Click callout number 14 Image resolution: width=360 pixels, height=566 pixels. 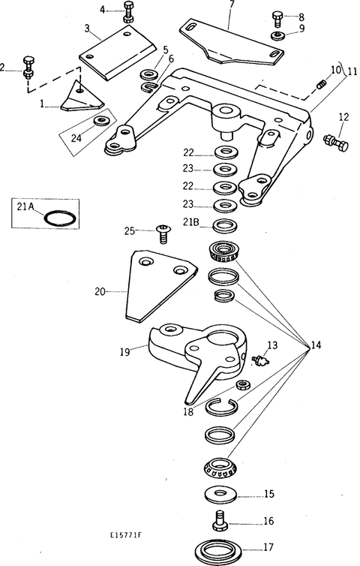point(316,345)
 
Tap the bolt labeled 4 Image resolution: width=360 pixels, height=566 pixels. point(129,12)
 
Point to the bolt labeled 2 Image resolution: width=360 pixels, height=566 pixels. point(28,68)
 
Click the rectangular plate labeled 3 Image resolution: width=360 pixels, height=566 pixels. point(117,53)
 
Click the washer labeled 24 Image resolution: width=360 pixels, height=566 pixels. point(102,121)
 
